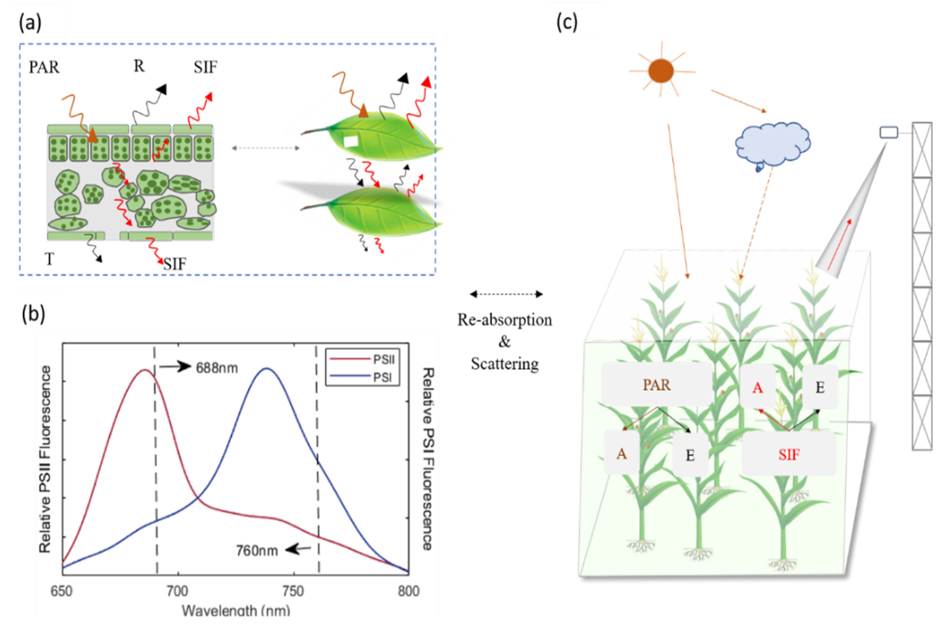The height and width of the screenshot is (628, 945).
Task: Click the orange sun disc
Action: point(661,71)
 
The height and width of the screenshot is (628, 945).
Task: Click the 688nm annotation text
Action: point(217,368)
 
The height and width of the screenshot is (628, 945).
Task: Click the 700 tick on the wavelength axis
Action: point(177,591)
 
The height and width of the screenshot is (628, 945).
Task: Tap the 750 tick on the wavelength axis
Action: point(293,591)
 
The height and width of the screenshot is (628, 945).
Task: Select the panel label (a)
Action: point(30,23)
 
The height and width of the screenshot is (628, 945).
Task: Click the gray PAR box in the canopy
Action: point(656,385)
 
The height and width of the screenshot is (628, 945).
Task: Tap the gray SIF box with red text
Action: point(789,454)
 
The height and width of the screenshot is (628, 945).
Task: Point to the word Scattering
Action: point(504,364)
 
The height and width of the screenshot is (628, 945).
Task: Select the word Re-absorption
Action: point(504,320)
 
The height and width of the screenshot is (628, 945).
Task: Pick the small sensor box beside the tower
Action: point(888,132)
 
